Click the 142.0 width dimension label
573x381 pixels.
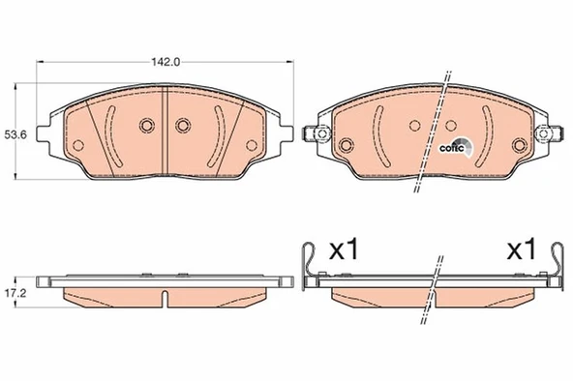pyautogui.click(x=166, y=62)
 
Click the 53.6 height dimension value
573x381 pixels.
pyautogui.click(x=15, y=135)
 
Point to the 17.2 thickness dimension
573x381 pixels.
pyautogui.click(x=15, y=293)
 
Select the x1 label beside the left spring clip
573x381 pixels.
pyautogui.click(x=345, y=249)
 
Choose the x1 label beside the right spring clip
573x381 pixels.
pyautogui.click(x=522, y=249)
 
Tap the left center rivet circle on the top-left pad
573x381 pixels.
pyautogui.click(x=146, y=126)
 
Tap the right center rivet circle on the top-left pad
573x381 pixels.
pyautogui.click(x=183, y=126)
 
